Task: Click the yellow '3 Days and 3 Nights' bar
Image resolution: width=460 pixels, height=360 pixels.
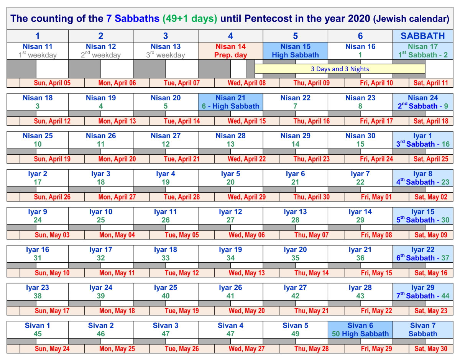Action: click(x=340, y=69)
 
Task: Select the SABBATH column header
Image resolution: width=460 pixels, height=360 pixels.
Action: click(x=423, y=36)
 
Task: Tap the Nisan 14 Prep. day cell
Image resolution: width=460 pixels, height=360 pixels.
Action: click(x=230, y=51)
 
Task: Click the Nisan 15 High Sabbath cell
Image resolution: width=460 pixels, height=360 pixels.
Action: click(x=295, y=51)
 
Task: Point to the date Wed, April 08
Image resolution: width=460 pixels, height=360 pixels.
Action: click(x=246, y=83)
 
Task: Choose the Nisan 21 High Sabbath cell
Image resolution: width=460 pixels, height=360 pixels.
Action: click(x=230, y=102)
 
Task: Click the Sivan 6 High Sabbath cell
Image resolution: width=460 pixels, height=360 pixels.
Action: click(x=360, y=330)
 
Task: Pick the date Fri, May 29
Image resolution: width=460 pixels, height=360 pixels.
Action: click(x=376, y=349)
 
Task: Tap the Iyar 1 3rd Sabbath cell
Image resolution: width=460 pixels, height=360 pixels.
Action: click(x=423, y=140)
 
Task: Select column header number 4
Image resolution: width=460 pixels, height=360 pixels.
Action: click(x=230, y=36)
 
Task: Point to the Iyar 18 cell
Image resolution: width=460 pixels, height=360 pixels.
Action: click(x=166, y=254)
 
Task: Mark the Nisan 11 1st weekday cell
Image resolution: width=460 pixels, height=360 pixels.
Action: click(x=38, y=51)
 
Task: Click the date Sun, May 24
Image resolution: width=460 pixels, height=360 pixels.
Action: click(x=52, y=349)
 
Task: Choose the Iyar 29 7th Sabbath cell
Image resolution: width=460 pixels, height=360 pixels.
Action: click(x=423, y=291)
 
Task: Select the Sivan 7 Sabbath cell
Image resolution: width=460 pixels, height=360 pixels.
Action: click(x=423, y=330)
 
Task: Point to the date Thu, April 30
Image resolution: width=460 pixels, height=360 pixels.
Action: click(x=311, y=197)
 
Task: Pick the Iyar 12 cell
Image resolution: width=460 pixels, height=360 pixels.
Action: click(x=230, y=216)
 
